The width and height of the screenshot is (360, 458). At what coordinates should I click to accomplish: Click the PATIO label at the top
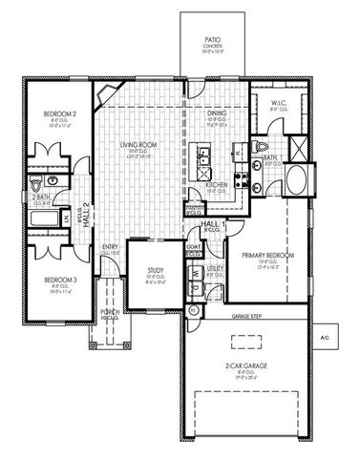(213, 41)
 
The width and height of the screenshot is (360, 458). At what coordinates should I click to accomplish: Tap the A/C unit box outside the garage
(324, 338)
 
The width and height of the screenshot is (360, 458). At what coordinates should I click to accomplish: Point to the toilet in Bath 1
(261, 146)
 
